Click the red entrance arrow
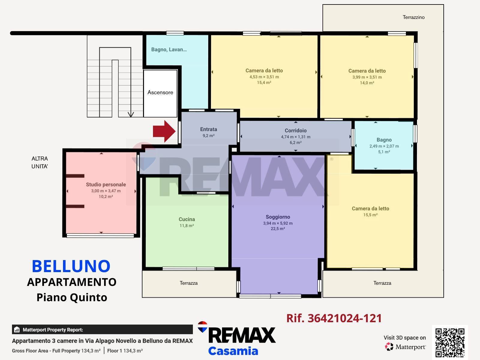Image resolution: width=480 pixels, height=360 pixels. coord(164,131)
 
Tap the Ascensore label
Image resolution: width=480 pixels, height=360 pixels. coord(160,92)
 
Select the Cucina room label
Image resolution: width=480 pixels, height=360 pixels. coord(187,219)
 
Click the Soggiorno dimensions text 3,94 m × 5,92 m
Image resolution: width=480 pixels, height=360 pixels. coord(278,223)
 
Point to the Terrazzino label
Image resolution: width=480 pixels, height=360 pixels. coord(413,17)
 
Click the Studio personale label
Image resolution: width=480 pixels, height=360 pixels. coord(106,184)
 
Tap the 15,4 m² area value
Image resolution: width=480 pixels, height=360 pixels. coord(264,82)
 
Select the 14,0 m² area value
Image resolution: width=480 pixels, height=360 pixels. coord(367,83)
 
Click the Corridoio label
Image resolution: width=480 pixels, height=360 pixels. coord(295,130)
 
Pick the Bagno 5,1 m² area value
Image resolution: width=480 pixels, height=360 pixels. coord(384,152)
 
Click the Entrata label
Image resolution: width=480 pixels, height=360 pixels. coord(208,129)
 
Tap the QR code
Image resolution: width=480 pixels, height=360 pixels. coord(450,342)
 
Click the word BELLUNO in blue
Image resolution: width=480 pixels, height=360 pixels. coord(71,266)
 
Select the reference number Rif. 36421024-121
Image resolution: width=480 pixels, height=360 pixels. coord(334,318)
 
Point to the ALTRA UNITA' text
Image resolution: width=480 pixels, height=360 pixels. coord(40,162)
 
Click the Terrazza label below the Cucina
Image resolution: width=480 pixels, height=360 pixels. coord(188,283)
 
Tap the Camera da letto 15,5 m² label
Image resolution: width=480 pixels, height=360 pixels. coord(370,208)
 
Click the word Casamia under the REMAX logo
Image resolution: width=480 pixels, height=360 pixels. coord(233,351)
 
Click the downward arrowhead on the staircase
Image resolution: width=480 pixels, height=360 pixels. coord(131,115)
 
